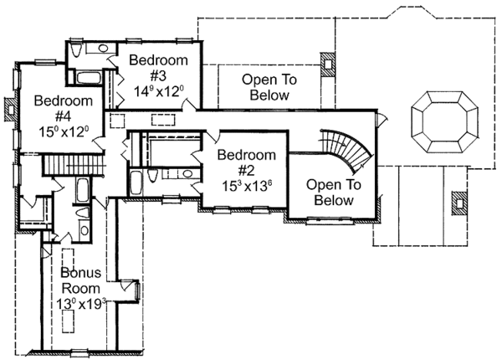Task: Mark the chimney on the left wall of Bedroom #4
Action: [9, 106]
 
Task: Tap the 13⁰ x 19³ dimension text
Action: [81, 304]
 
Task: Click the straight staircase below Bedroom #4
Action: [70, 165]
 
